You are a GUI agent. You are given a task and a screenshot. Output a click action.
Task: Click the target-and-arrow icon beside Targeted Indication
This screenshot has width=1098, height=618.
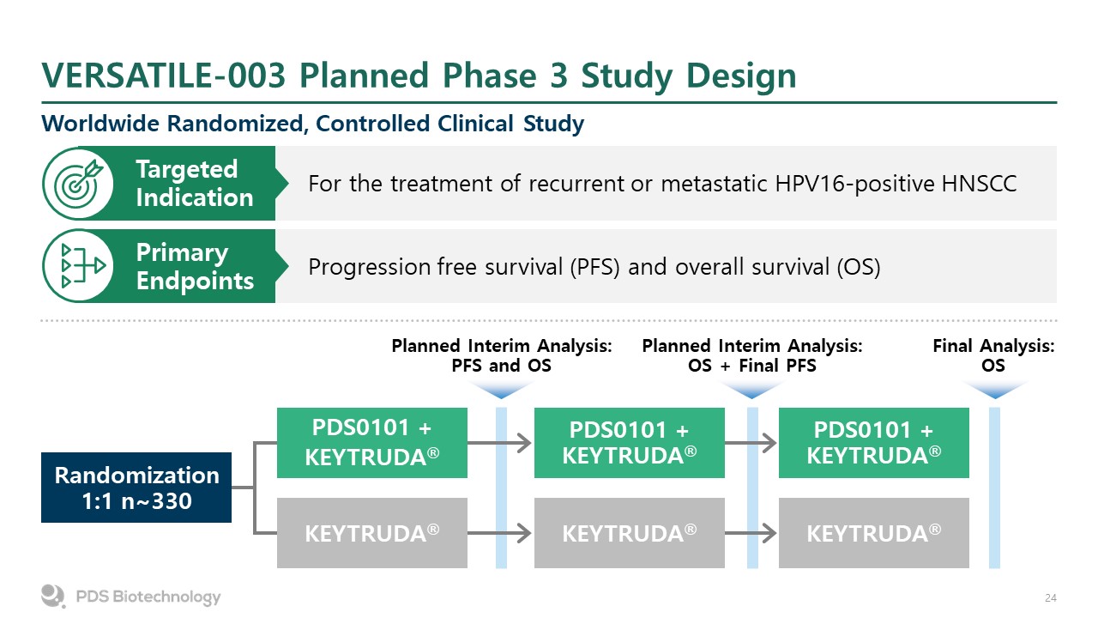tap(78, 184)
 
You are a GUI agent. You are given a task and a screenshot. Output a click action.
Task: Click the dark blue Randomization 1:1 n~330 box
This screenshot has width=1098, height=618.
tap(136, 487)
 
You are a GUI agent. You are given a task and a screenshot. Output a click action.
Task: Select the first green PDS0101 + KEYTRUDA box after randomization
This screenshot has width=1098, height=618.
tap(372, 442)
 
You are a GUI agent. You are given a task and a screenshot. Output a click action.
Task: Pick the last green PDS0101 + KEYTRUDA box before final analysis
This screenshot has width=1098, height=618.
tap(874, 442)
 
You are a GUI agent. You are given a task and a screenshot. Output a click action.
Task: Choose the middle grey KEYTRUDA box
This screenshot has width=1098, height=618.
tap(630, 533)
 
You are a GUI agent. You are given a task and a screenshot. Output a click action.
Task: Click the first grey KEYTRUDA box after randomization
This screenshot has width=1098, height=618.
tap(372, 533)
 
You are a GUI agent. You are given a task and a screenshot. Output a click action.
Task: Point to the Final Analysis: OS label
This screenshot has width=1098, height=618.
tap(993, 355)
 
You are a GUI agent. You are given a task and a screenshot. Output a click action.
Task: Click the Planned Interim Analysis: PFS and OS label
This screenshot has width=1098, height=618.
tap(502, 355)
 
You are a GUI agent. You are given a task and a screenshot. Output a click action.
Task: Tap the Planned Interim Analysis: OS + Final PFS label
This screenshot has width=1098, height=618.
tap(752, 355)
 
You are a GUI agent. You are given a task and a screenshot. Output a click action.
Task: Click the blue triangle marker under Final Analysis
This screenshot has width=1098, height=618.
tap(994, 390)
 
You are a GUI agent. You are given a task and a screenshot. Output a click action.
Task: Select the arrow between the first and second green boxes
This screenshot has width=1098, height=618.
tap(499, 443)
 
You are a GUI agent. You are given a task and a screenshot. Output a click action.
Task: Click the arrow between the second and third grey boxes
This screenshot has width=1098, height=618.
tap(751, 533)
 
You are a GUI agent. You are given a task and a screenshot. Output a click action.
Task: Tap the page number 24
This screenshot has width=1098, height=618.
tap(1051, 598)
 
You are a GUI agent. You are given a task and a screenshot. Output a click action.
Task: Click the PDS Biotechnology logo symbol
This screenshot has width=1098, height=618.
tap(53, 596)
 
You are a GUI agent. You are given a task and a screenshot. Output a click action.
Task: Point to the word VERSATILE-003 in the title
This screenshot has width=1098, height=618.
tap(164, 76)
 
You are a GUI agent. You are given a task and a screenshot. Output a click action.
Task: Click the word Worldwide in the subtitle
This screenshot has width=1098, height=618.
tap(100, 123)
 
